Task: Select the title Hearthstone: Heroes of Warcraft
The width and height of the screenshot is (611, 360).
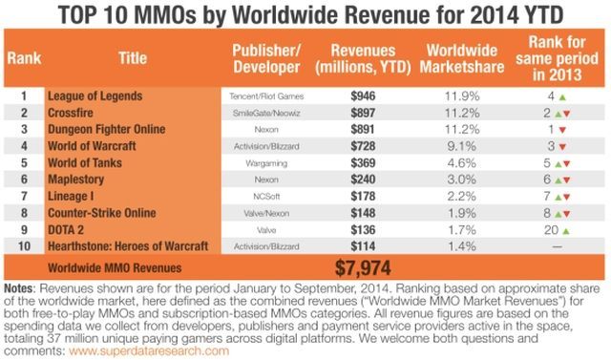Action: pos(134,244)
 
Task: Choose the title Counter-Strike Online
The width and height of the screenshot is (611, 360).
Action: pos(110,211)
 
